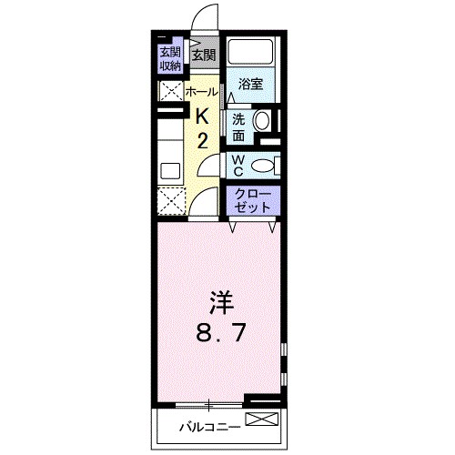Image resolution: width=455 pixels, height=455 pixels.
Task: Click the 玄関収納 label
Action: coord(170,58)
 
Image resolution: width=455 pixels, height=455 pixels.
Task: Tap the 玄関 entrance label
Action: coord(203,56)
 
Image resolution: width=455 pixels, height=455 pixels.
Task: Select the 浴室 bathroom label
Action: coord(250,85)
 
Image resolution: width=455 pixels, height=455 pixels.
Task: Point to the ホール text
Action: coord(201,92)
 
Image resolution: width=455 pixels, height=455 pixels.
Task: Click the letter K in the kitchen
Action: coord(204,116)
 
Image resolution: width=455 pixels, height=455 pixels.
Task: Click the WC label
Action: coord(236,166)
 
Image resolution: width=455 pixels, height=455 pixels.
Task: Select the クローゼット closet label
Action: coord(251,200)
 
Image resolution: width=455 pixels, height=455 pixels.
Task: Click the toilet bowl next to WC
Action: coord(261,166)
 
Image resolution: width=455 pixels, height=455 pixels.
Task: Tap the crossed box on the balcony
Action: coord(259,420)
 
